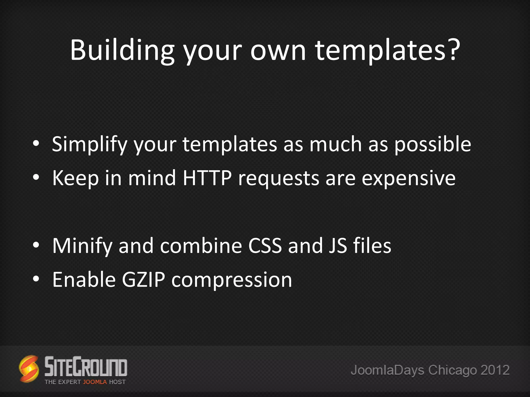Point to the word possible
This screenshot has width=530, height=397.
tap(432, 144)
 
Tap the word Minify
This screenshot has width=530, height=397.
tap(82, 246)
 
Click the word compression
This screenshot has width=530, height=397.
tap(232, 280)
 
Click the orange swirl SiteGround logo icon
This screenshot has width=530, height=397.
tap(29, 369)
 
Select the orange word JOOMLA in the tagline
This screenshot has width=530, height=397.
tap(95, 382)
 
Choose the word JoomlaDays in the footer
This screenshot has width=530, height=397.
tap(387, 370)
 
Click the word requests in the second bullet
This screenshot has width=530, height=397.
tap(278, 178)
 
